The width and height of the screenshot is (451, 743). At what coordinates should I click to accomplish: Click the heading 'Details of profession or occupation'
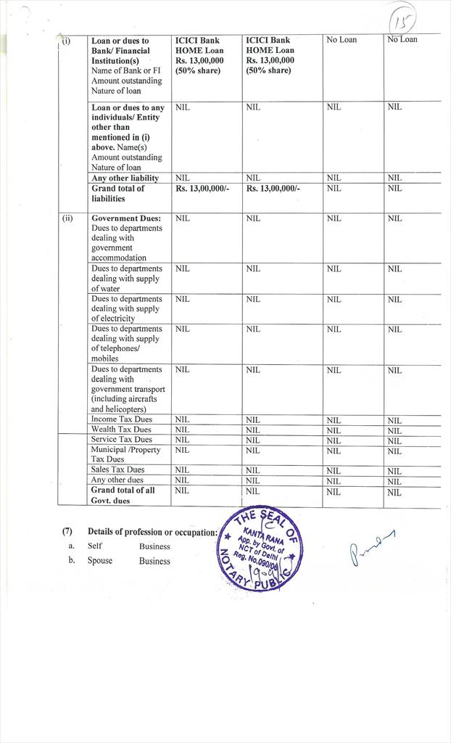click(x=152, y=532)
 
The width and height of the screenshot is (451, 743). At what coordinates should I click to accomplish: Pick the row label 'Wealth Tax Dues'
click(x=121, y=430)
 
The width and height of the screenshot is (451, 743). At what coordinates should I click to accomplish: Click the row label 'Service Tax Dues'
click(x=121, y=440)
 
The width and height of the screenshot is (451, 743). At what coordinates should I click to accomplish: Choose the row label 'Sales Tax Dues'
click(x=117, y=469)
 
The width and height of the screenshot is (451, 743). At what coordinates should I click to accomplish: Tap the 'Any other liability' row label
click(x=125, y=178)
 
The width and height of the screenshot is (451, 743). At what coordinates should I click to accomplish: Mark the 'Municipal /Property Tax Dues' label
click(x=125, y=454)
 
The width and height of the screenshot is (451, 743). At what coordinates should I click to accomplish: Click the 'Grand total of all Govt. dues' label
click(x=123, y=495)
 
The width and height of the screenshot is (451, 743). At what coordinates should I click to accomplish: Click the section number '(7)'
click(x=67, y=532)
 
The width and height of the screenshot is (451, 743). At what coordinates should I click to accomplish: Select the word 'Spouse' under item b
click(x=100, y=561)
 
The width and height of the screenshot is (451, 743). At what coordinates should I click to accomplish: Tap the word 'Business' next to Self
click(x=154, y=546)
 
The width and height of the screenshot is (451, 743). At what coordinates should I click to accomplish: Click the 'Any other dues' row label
click(x=117, y=480)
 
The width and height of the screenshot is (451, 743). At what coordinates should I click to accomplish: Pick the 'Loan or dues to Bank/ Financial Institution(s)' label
click(x=120, y=51)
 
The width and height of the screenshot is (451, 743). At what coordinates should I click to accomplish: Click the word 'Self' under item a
click(x=95, y=546)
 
